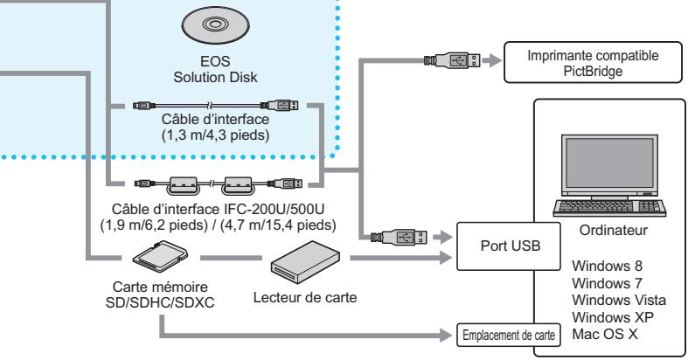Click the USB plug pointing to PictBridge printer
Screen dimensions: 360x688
tap(450, 61)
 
